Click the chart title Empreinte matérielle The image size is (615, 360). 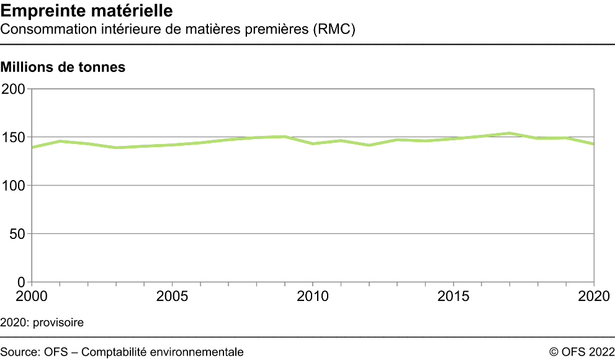(87, 11)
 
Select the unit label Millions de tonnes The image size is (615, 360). (63, 67)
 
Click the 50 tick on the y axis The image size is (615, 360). (16, 234)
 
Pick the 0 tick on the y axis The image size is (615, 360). (20, 282)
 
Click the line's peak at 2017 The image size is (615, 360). (510, 133)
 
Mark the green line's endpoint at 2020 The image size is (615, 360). (594, 144)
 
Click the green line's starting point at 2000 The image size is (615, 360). (32, 147)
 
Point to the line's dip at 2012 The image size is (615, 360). (369, 145)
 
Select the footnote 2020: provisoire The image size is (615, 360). (42, 323)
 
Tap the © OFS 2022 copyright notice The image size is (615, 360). (581, 352)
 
